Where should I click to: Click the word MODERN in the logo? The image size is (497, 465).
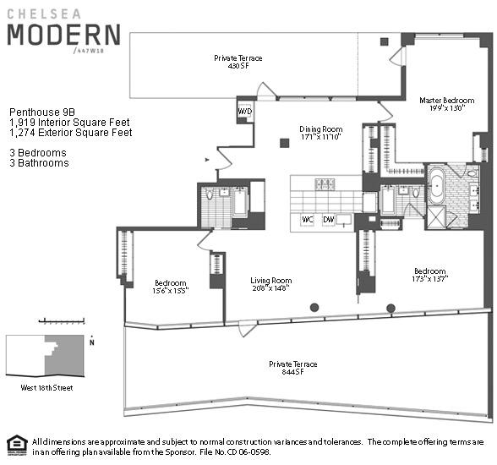click(63, 36)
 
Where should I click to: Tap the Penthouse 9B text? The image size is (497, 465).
click(41, 111)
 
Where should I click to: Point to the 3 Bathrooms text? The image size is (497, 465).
click(39, 162)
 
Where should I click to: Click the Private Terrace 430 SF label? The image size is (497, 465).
click(238, 62)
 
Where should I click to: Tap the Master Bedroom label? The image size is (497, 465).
click(441, 104)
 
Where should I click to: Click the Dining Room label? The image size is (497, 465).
click(319, 133)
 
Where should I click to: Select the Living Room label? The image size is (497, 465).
click(270, 285)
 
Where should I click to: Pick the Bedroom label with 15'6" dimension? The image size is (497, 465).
click(172, 287)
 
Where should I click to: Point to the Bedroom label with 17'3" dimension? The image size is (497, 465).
click(429, 275)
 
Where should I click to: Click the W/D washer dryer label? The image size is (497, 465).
click(244, 111)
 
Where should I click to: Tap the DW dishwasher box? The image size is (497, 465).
click(328, 220)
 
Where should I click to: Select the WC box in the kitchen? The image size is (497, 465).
click(308, 220)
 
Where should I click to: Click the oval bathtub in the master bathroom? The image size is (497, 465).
click(437, 185)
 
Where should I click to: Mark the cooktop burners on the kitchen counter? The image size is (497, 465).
click(325, 183)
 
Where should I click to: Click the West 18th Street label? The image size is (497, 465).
click(46, 387)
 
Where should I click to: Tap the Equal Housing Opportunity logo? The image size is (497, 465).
click(15, 445)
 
